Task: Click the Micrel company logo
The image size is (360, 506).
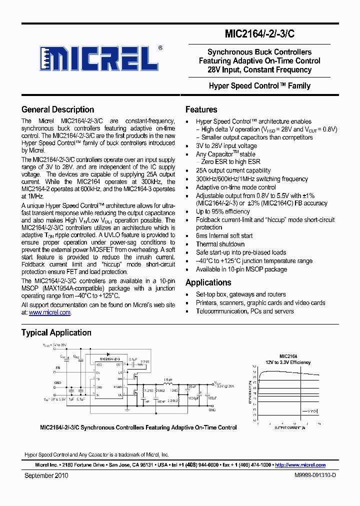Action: (x=100, y=59)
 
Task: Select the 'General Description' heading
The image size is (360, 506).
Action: (x=57, y=109)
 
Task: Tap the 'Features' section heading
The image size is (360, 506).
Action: (x=201, y=109)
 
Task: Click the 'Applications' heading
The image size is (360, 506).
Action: (x=208, y=282)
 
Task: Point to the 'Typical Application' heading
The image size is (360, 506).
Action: (x=56, y=332)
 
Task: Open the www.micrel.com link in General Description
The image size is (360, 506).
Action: (x=49, y=312)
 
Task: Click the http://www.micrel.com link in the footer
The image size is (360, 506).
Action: (x=300, y=464)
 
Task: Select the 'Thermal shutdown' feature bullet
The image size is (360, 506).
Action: (x=220, y=244)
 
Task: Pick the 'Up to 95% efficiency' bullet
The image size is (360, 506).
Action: (x=222, y=211)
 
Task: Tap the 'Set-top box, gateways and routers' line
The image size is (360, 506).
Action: (x=240, y=294)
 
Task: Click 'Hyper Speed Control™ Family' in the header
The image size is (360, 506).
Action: (x=259, y=86)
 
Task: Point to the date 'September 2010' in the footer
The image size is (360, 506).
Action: (x=46, y=475)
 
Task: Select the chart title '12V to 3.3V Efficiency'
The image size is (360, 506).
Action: (x=287, y=362)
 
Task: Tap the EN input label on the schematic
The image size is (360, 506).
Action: (x=57, y=367)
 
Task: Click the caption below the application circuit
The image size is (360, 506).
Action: (x=138, y=427)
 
